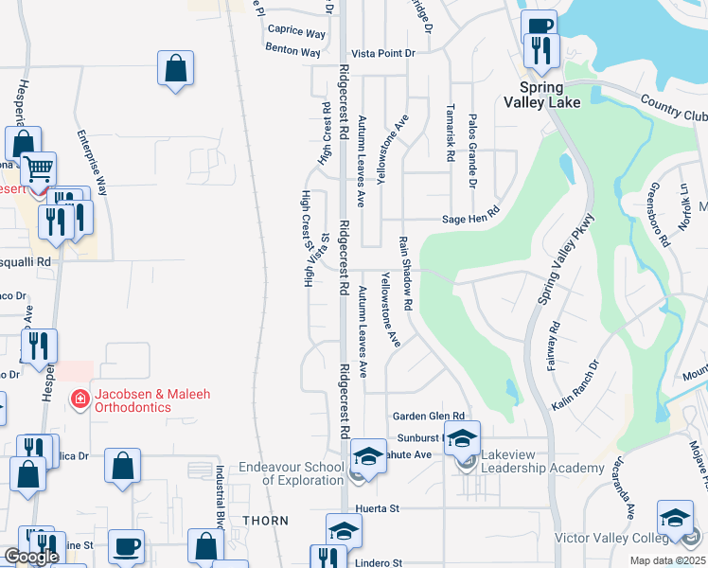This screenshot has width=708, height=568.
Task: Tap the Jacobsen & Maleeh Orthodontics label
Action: (133, 400)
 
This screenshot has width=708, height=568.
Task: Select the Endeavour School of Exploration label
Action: (291, 473)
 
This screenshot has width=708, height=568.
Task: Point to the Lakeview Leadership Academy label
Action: (542, 461)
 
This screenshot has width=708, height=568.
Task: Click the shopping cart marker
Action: (38, 170)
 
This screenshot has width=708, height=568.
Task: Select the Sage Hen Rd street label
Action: (469, 219)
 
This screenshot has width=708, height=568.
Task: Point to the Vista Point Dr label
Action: (383, 54)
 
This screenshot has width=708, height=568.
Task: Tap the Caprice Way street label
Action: (296, 31)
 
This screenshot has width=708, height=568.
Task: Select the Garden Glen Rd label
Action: (429, 416)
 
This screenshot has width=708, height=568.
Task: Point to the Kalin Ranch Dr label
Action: (575, 384)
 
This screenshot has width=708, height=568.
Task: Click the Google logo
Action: (31, 557)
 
